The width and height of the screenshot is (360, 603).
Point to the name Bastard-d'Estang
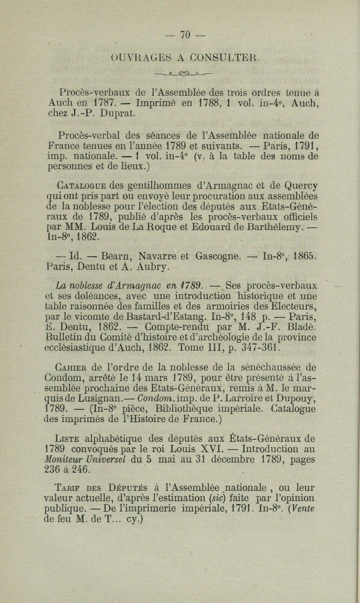coord(168,317)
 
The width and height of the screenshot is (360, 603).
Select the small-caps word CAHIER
coord(72,368)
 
